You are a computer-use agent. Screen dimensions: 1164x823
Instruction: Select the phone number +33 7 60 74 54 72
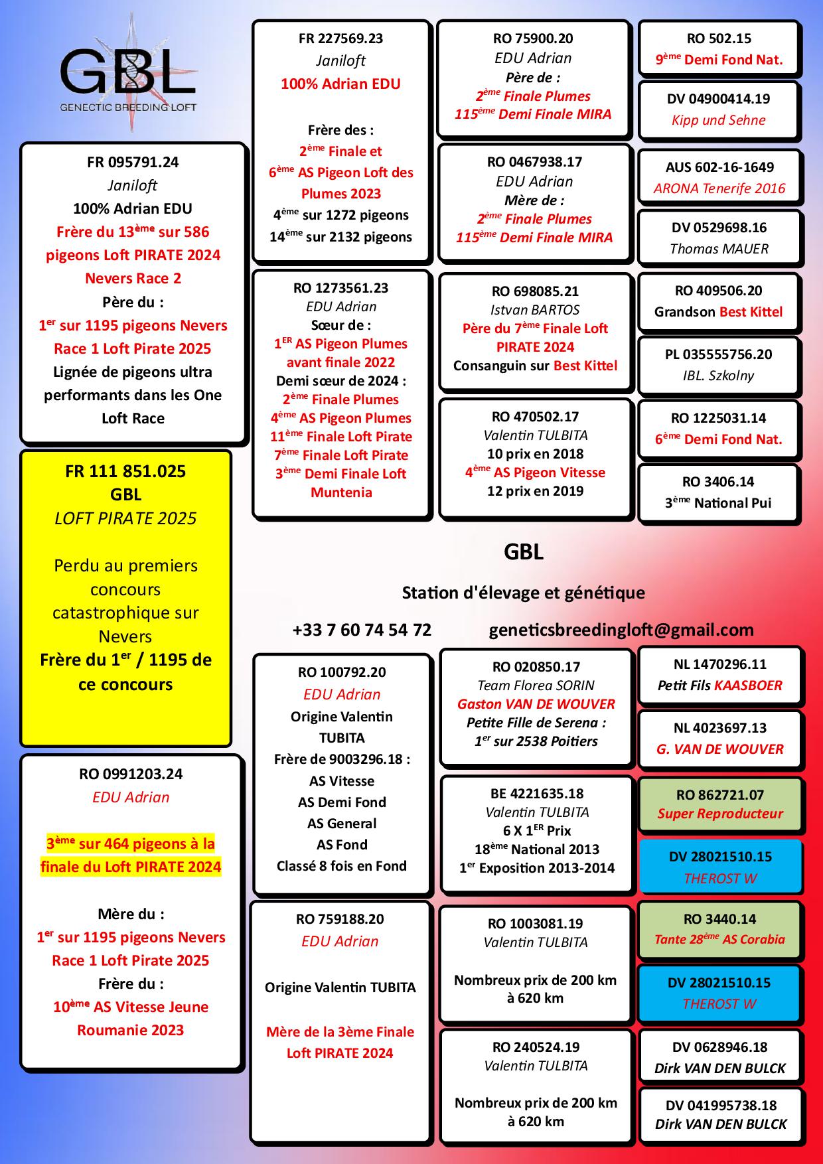pyautogui.click(x=362, y=630)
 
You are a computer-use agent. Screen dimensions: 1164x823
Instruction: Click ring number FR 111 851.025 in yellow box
pyautogui.click(x=125, y=472)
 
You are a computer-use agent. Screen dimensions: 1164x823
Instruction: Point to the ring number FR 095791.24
pyautogui.click(x=133, y=163)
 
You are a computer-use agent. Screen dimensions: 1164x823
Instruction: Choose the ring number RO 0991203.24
pyautogui.click(x=131, y=774)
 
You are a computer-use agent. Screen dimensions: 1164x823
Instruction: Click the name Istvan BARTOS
pyautogui.click(x=535, y=310)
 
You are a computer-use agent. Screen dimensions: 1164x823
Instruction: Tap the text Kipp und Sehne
pyautogui.click(x=719, y=120)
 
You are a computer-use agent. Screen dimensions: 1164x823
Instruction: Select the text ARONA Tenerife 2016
pyautogui.click(x=719, y=188)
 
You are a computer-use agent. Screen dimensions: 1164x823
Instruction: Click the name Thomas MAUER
pyautogui.click(x=719, y=249)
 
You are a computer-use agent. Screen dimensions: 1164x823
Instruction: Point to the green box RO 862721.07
pyautogui.click(x=719, y=804)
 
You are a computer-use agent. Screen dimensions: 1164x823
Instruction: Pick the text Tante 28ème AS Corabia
pyautogui.click(x=719, y=939)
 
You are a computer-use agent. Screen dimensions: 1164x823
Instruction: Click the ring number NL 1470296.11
pyautogui.click(x=720, y=664)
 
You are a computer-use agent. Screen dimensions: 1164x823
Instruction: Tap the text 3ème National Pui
pyautogui.click(x=718, y=503)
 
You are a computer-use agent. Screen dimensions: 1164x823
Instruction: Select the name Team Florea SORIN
pyautogui.click(x=536, y=686)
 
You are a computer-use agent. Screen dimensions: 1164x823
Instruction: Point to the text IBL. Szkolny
pyautogui.click(x=718, y=376)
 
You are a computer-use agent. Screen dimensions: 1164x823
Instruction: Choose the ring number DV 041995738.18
pyautogui.click(x=721, y=1106)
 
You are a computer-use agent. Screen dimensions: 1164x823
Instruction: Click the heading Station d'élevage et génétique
pyautogui.click(x=524, y=593)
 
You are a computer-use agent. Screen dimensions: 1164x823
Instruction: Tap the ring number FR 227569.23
pyautogui.click(x=341, y=38)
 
